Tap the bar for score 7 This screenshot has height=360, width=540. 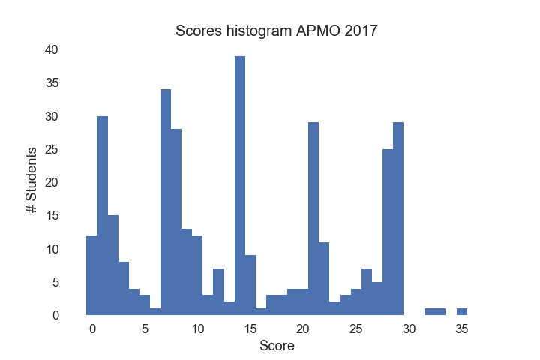point(166,202)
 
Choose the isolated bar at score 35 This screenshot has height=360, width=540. point(462,311)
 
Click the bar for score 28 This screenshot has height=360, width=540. point(388,232)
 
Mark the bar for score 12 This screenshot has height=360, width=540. point(218,292)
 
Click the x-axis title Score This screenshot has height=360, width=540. point(277,346)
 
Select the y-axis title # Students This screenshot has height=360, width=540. point(32,182)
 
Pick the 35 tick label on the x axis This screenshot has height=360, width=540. point(462,328)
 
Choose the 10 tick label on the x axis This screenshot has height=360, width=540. point(197,328)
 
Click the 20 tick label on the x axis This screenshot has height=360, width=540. point(303,328)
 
